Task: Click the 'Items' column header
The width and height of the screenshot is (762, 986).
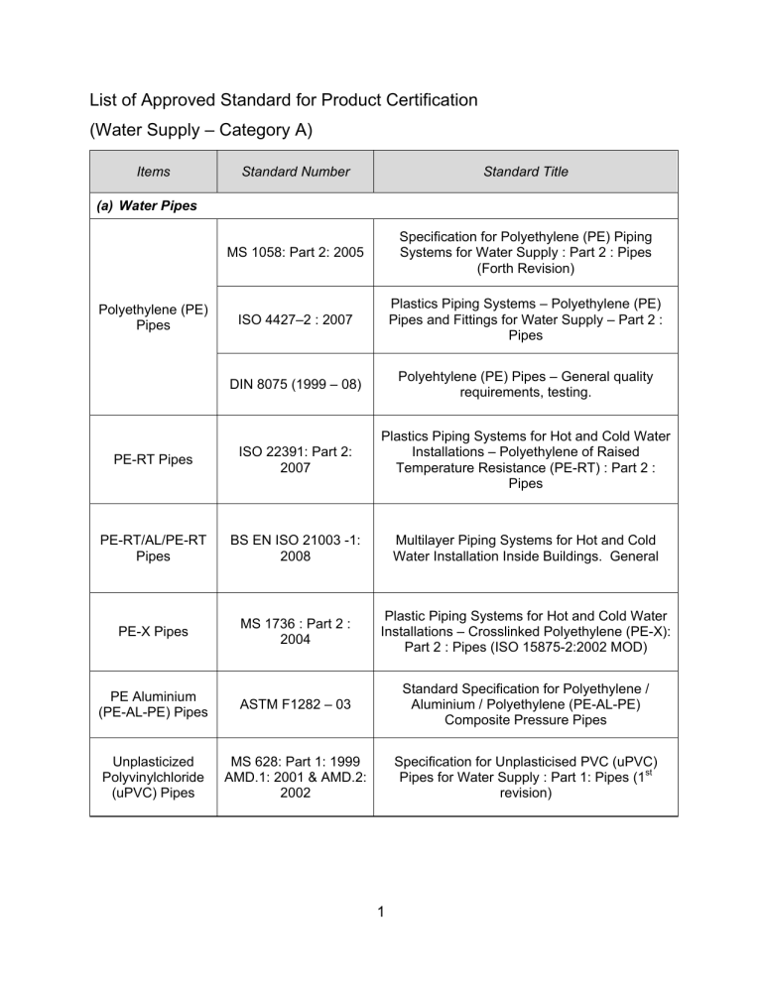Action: coord(154,172)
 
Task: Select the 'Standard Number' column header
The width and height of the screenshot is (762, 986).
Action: coord(296,172)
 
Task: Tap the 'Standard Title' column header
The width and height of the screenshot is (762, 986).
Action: coord(526,172)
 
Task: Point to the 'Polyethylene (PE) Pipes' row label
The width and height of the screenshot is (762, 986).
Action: coord(154,316)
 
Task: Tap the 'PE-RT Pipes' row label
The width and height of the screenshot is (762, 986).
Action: coord(154,458)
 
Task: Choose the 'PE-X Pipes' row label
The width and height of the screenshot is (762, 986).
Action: coord(154,630)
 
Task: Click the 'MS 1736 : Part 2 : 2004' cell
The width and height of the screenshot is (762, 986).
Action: coord(296,630)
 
